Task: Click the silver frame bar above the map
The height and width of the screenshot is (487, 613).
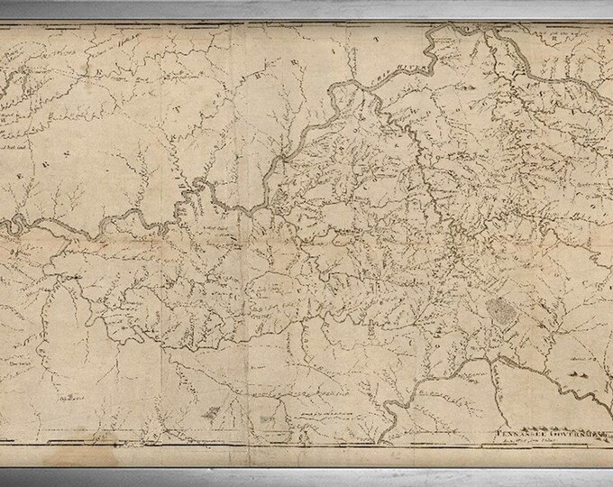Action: coord(306,9)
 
